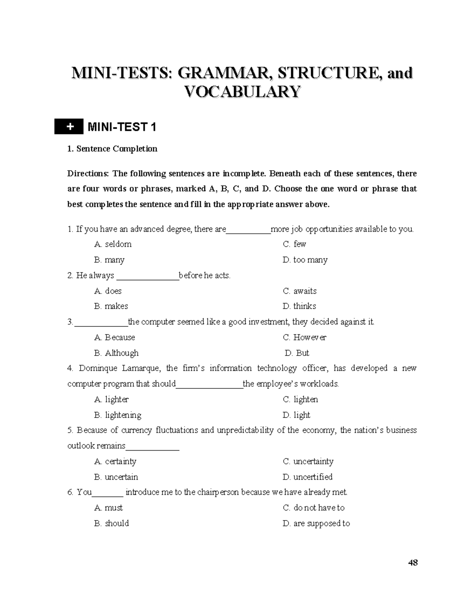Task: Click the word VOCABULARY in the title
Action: click(242, 92)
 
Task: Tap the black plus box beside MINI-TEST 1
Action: click(69, 127)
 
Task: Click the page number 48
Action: click(413, 562)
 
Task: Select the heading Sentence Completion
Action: click(116, 149)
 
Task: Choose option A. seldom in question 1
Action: click(113, 244)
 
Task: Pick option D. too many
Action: click(305, 260)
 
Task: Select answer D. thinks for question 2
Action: click(299, 306)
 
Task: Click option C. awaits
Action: click(300, 291)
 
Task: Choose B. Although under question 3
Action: click(116, 353)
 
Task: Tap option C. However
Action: click(305, 338)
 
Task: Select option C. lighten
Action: click(300, 399)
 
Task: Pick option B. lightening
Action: click(118, 415)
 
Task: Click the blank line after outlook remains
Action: click(152, 447)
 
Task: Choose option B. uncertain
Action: click(116, 477)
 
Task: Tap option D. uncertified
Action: click(308, 477)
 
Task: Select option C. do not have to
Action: click(313, 508)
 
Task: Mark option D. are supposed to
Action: click(316, 524)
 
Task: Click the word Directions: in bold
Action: click(88, 174)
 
